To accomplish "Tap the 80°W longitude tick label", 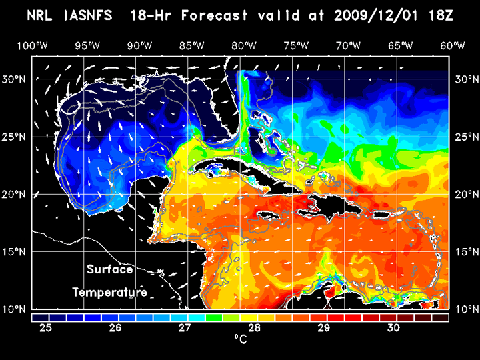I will [x=245, y=45].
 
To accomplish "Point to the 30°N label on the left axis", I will [x=17, y=79].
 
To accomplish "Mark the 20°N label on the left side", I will [x=17, y=194].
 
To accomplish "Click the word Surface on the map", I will [x=110, y=270].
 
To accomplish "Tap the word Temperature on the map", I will [x=110, y=292].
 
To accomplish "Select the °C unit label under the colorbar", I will [x=240, y=339].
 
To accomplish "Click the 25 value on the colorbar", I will [x=47, y=328].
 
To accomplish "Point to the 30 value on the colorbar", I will [x=393, y=328].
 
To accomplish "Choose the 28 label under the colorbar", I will [x=255, y=328].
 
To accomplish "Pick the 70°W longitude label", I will [x=349, y=45].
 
